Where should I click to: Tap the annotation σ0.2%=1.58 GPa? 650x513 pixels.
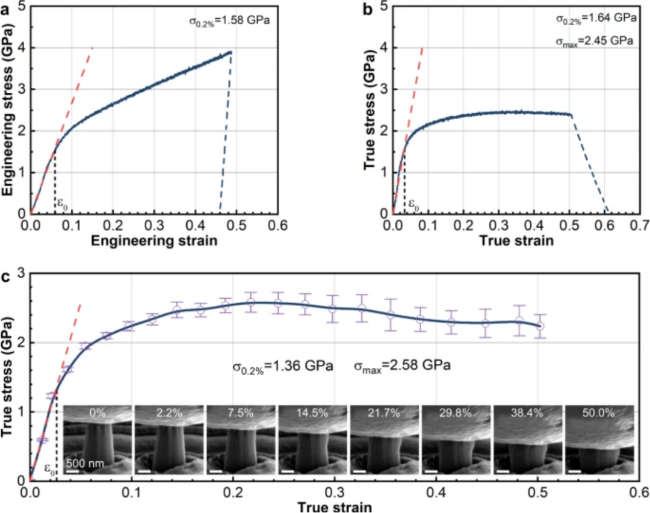(x=229, y=22)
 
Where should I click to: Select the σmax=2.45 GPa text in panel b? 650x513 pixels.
(x=596, y=42)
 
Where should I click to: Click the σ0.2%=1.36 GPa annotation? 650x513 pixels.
(x=283, y=365)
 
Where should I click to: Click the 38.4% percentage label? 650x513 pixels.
(x=527, y=413)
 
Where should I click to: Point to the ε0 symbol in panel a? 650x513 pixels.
(x=62, y=204)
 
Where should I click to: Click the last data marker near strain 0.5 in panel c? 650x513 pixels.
(x=540, y=326)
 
